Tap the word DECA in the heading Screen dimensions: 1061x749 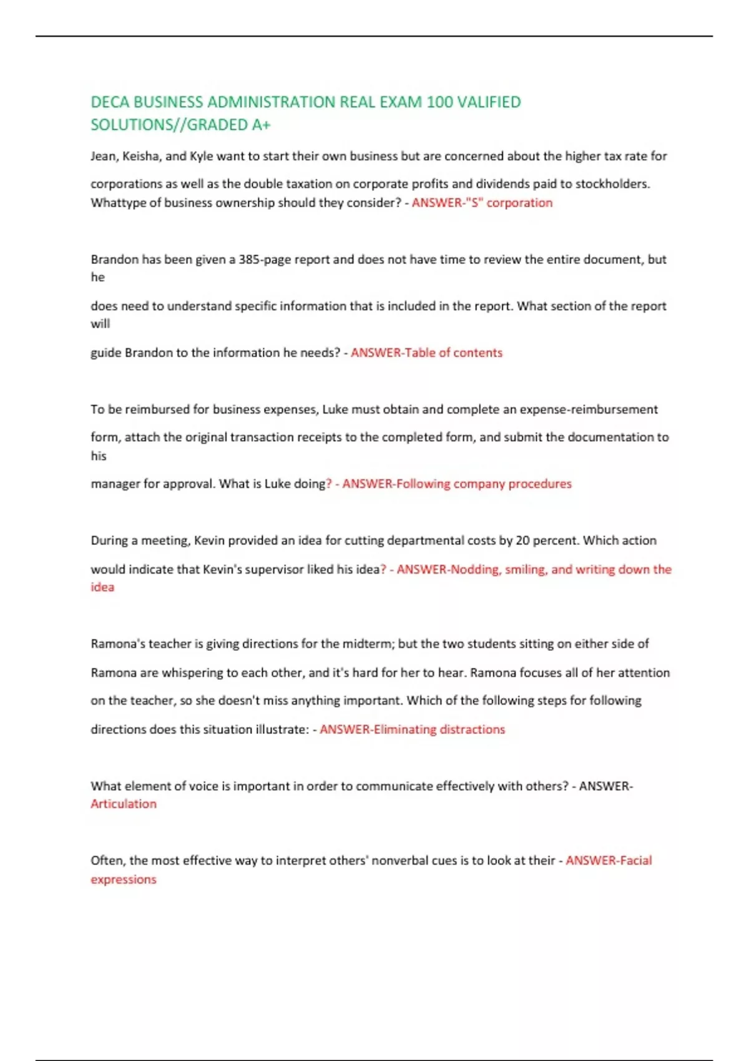pos(110,102)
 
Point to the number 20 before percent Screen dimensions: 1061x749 pos(522,540)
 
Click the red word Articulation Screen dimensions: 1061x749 pos(124,804)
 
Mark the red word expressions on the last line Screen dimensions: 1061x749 pos(124,879)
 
